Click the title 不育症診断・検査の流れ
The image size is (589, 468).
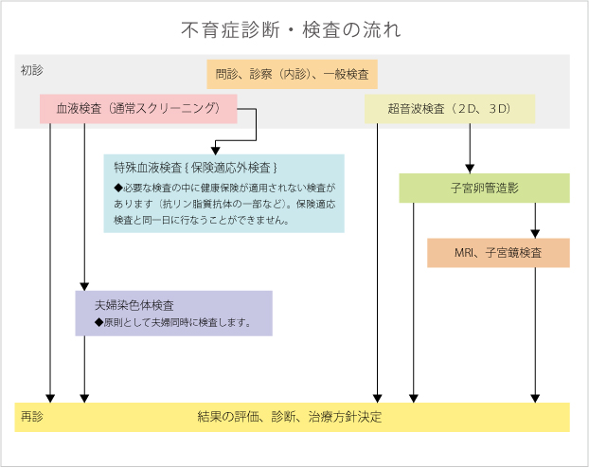(x=291, y=29)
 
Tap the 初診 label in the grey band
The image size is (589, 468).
(x=31, y=70)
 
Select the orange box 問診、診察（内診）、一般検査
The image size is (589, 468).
(x=293, y=74)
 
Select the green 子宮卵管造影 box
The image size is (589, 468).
(x=484, y=189)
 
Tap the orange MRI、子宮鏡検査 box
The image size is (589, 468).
(x=498, y=253)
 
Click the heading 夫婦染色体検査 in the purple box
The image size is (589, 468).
(x=134, y=306)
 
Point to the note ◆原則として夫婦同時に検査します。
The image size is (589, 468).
(x=171, y=322)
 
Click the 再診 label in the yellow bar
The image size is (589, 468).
(x=31, y=417)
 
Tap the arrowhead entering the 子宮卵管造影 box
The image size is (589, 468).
(x=471, y=168)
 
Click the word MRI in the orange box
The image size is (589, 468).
(x=464, y=253)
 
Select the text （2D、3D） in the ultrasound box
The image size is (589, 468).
(x=482, y=109)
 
